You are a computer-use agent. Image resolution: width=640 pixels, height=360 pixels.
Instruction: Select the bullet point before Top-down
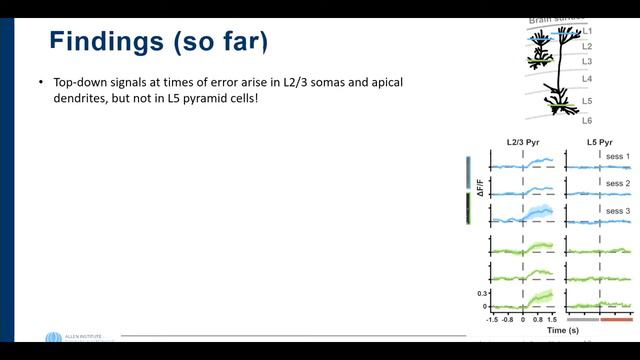tap(40, 81)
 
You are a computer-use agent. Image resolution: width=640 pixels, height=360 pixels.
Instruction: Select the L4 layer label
tap(586, 78)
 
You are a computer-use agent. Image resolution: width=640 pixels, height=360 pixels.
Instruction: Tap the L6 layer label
tap(586, 120)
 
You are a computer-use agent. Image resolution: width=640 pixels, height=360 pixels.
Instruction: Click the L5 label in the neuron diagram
tap(586, 102)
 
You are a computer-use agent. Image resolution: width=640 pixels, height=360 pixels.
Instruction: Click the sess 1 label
tap(617, 158)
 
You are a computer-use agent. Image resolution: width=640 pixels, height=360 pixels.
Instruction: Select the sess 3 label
tap(617, 211)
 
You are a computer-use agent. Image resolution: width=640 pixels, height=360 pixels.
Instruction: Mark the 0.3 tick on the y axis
tap(480, 293)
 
